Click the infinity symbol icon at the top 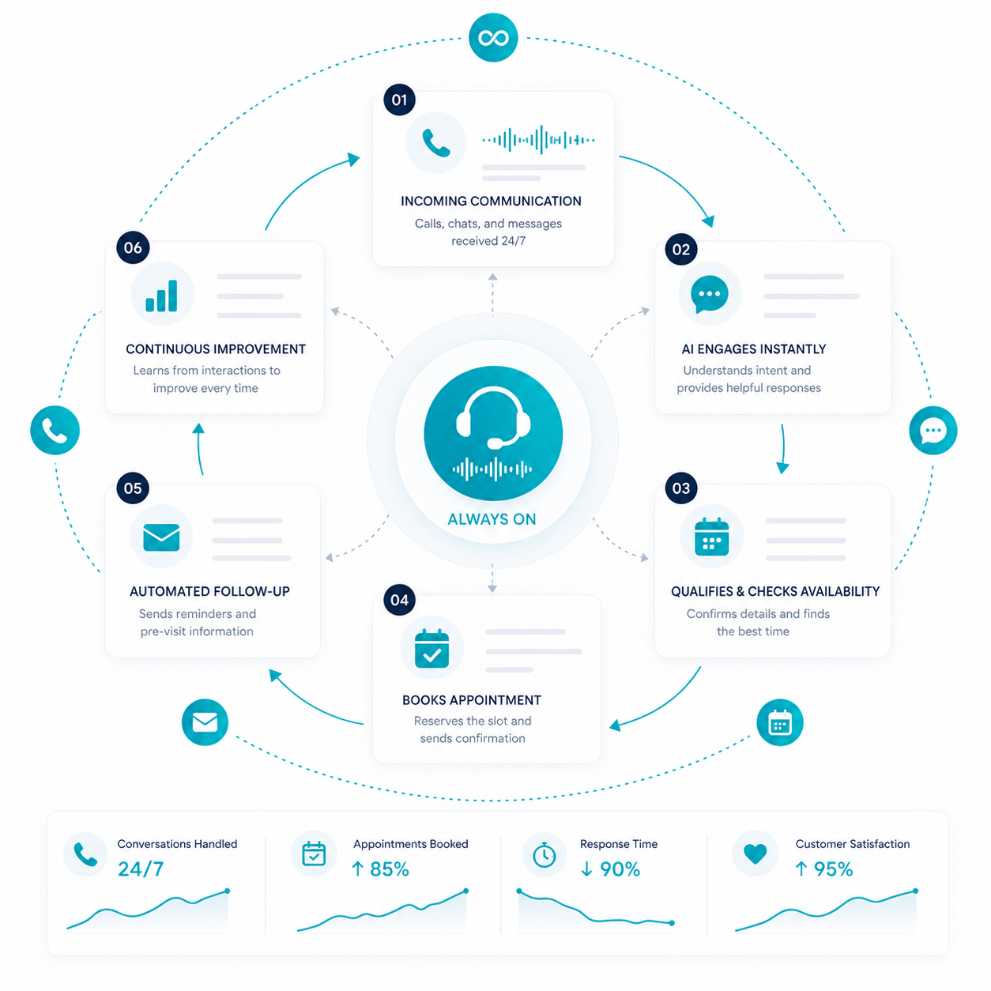492,38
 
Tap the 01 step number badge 399,100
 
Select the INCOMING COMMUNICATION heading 491,201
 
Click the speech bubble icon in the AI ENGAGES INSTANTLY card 709,294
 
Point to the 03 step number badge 681,488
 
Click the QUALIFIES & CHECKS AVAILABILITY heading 775,591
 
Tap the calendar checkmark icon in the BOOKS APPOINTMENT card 431,648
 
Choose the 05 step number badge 133,488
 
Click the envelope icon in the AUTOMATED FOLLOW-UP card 161,537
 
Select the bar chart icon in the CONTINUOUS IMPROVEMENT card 161,296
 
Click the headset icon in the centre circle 493,417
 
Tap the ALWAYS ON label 492,519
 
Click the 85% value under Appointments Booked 390,869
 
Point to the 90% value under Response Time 620,869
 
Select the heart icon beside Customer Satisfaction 755,854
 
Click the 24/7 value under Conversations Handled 141,869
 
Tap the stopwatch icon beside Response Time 544,855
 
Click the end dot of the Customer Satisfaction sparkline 915,891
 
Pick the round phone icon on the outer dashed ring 55,430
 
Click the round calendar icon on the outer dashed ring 780,722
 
